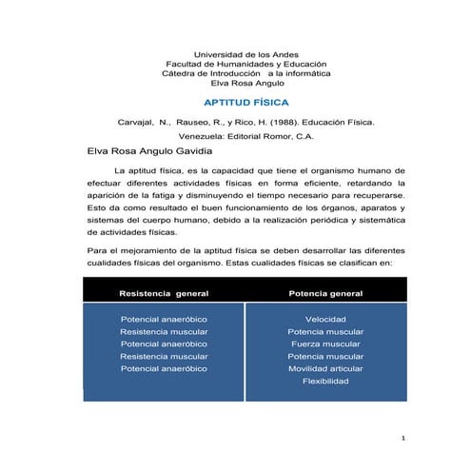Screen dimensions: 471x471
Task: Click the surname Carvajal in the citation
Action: tap(135, 121)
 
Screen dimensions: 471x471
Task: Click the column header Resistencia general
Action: tap(164, 293)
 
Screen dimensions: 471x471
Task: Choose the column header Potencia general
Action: tap(324, 293)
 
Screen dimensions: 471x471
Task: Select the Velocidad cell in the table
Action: tap(324, 318)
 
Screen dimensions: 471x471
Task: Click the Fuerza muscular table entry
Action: tap(324, 343)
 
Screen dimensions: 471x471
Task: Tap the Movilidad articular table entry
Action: tap(324, 367)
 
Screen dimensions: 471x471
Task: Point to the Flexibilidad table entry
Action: tap(324, 381)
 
